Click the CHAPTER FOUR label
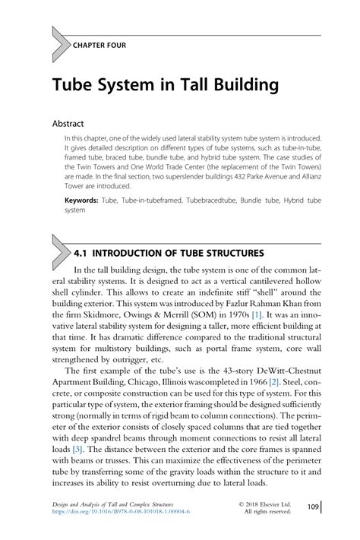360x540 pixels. click(99, 45)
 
